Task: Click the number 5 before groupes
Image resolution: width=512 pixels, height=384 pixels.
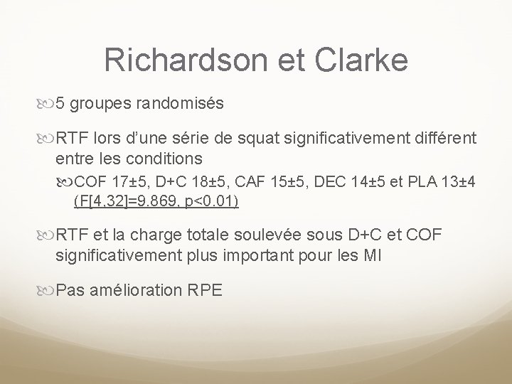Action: [61, 104]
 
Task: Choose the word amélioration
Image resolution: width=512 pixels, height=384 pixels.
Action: [139, 289]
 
